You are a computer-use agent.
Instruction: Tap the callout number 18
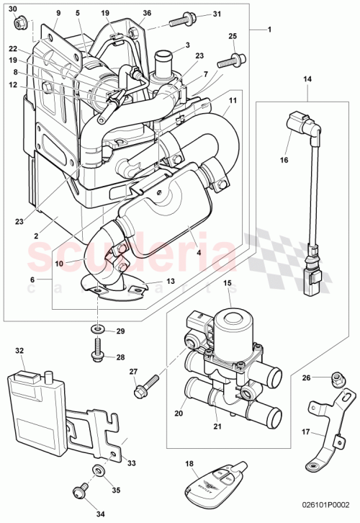(189, 465)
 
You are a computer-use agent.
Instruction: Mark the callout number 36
(147, 12)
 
